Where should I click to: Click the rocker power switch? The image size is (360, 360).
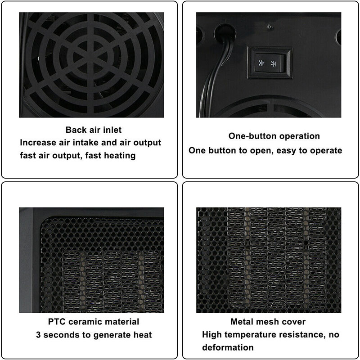270,62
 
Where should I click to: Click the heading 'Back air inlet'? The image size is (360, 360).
94,130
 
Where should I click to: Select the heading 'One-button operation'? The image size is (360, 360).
274,136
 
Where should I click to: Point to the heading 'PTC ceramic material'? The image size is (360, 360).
94,322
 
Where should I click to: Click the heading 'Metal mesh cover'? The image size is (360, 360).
268,322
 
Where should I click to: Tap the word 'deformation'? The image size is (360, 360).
228,347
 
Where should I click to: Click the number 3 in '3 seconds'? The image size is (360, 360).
38,335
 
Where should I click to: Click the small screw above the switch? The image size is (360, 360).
270,27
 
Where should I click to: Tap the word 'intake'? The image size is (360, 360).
85,143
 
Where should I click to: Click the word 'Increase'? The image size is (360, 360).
38,143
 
